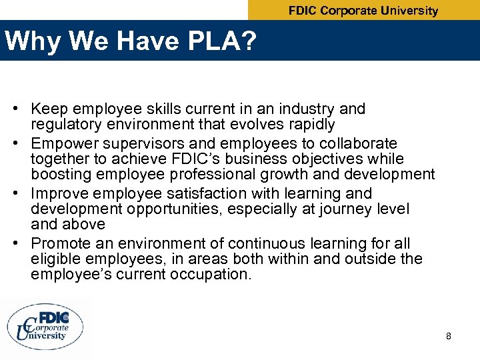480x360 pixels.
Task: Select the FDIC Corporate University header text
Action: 363,11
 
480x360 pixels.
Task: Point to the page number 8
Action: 449,336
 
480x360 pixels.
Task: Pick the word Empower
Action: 63,143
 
